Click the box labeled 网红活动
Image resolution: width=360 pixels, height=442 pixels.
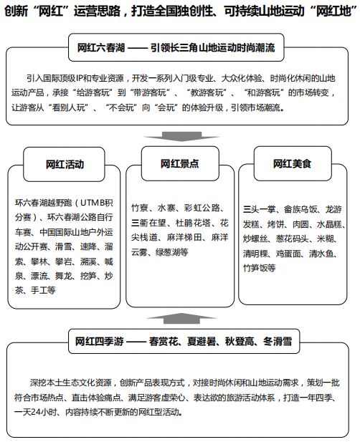click(x=64, y=164)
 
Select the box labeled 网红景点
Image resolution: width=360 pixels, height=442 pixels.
click(x=179, y=164)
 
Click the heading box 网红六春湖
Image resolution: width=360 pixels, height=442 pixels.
click(x=179, y=47)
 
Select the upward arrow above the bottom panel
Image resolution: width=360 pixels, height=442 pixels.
click(x=179, y=315)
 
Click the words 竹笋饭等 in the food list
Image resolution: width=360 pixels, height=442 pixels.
click(x=260, y=267)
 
